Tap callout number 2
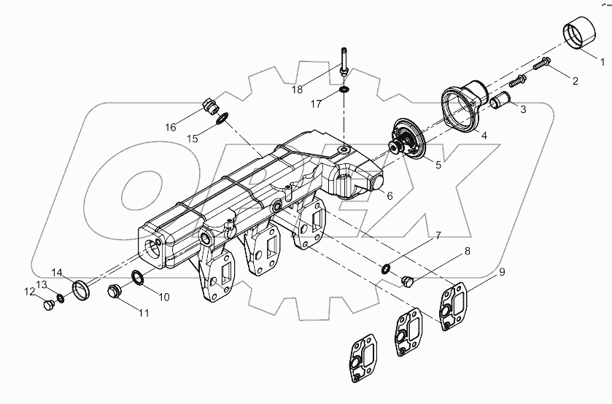574,82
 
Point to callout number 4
484,134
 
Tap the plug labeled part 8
408,279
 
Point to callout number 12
29,292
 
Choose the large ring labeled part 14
81,288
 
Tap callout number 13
42,284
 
